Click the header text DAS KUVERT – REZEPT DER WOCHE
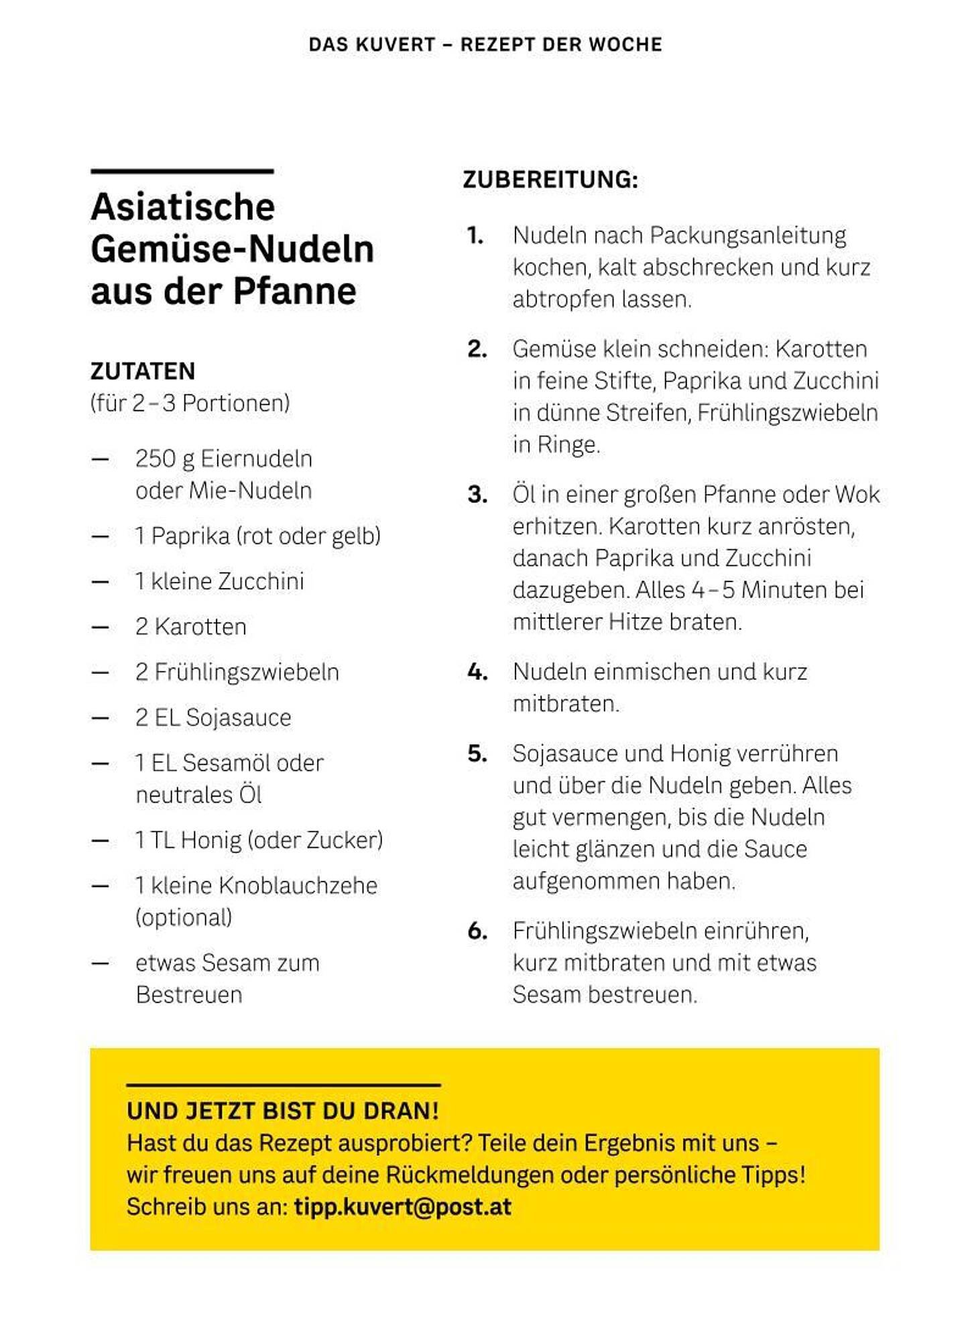(x=485, y=44)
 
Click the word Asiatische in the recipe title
(x=182, y=207)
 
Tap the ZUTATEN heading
(x=143, y=371)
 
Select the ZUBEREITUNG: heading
(x=550, y=180)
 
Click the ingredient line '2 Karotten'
(x=190, y=627)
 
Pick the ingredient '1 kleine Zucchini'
(x=219, y=581)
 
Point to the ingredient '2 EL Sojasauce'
(x=213, y=717)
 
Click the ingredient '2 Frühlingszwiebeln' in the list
(x=237, y=672)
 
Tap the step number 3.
(x=477, y=495)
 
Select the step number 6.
(x=477, y=931)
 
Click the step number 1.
(x=475, y=235)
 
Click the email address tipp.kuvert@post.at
(x=402, y=1207)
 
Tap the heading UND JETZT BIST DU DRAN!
(x=282, y=1111)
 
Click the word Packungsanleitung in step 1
(x=747, y=235)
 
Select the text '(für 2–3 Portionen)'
(x=190, y=403)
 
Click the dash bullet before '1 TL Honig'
(x=101, y=841)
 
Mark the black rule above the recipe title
(x=182, y=172)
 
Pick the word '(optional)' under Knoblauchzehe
(x=184, y=917)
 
